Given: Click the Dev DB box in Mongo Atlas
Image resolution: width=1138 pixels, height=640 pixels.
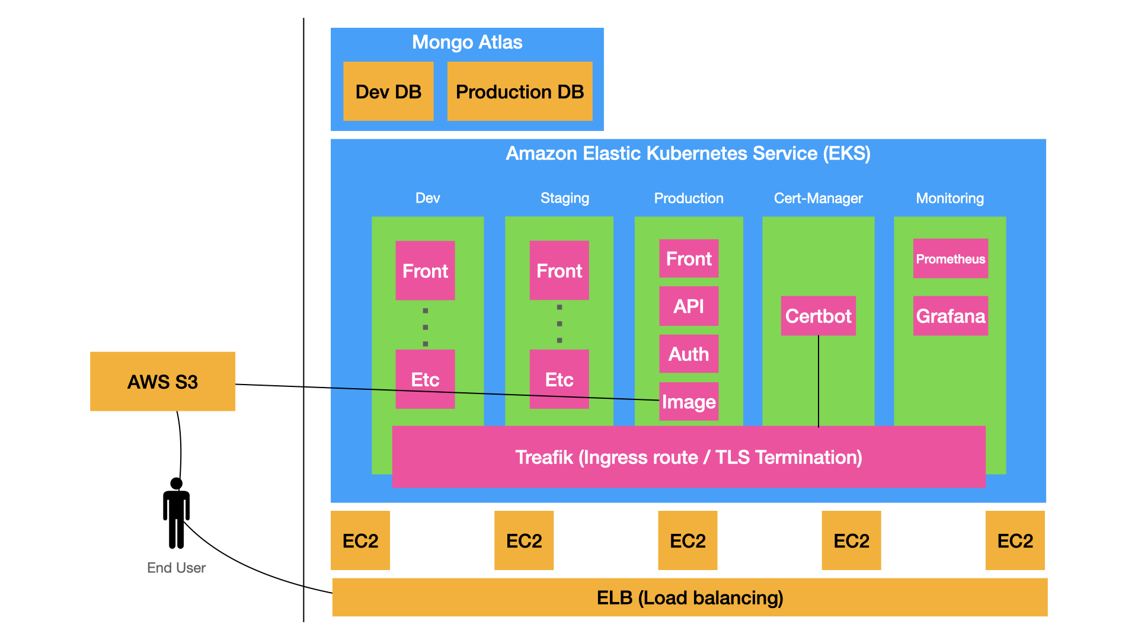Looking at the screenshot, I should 388,91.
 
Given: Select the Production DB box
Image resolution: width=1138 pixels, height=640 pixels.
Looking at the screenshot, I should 519,91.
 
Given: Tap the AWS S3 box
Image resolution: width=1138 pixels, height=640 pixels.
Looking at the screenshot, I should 162,381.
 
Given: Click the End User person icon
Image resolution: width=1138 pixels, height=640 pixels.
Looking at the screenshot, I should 176,513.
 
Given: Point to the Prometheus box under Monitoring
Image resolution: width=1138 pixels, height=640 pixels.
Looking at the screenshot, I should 950,258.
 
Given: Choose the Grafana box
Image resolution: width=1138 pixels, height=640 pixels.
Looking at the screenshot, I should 950,316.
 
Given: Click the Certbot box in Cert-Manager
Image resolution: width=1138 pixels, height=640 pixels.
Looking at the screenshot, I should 818,316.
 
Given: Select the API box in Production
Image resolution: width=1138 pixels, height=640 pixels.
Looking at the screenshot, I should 689,306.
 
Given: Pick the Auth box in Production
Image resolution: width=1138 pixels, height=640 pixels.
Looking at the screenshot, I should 689,354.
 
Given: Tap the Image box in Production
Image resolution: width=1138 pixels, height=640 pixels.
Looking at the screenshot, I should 689,402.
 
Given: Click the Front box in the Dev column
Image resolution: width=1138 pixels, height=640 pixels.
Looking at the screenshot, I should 425,270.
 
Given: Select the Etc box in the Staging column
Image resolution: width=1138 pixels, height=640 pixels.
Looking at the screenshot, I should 559,379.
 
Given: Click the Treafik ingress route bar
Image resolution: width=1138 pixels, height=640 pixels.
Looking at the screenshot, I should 688,457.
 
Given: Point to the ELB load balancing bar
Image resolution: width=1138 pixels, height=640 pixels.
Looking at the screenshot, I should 689,597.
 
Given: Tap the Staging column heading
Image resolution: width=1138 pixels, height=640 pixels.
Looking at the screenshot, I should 565,198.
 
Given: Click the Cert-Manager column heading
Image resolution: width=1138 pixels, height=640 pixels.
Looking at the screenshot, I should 818,198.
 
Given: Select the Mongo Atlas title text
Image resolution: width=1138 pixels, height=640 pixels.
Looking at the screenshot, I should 467,42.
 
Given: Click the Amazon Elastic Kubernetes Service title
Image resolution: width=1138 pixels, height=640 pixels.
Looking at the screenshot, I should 688,153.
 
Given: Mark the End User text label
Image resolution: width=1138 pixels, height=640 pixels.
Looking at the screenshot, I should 176,568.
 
